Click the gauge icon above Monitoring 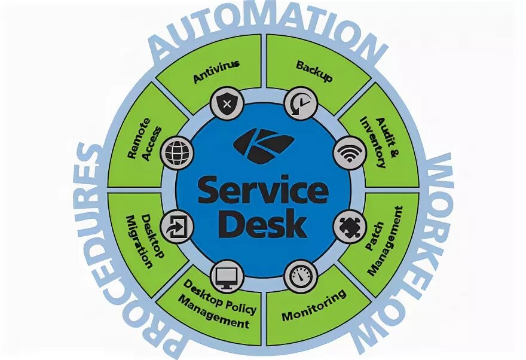pos(299,276)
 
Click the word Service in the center pos(263,191)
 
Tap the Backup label pos(314,71)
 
